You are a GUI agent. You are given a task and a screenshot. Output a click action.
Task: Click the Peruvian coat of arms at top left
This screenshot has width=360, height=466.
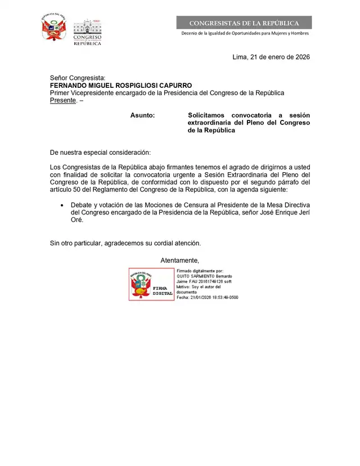(x=54, y=27)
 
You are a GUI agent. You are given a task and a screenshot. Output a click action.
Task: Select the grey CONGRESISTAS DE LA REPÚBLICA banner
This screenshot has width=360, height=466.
(x=244, y=23)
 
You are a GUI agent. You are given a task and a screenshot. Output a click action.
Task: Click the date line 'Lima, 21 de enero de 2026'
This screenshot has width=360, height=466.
(x=271, y=57)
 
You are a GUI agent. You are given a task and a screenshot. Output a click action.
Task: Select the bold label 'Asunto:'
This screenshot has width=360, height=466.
(x=142, y=115)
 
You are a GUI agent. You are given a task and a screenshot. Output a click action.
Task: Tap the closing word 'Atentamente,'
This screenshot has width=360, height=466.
(x=180, y=260)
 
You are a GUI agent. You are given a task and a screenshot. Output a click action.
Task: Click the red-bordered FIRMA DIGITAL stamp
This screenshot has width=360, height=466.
(x=151, y=284)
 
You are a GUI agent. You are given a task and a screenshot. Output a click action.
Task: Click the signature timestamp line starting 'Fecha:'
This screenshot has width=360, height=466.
(x=207, y=297)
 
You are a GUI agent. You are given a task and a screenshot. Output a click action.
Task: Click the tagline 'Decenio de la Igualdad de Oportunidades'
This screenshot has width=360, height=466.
(x=244, y=34)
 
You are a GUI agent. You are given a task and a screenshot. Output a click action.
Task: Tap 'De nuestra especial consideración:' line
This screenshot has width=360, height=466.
(x=100, y=153)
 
